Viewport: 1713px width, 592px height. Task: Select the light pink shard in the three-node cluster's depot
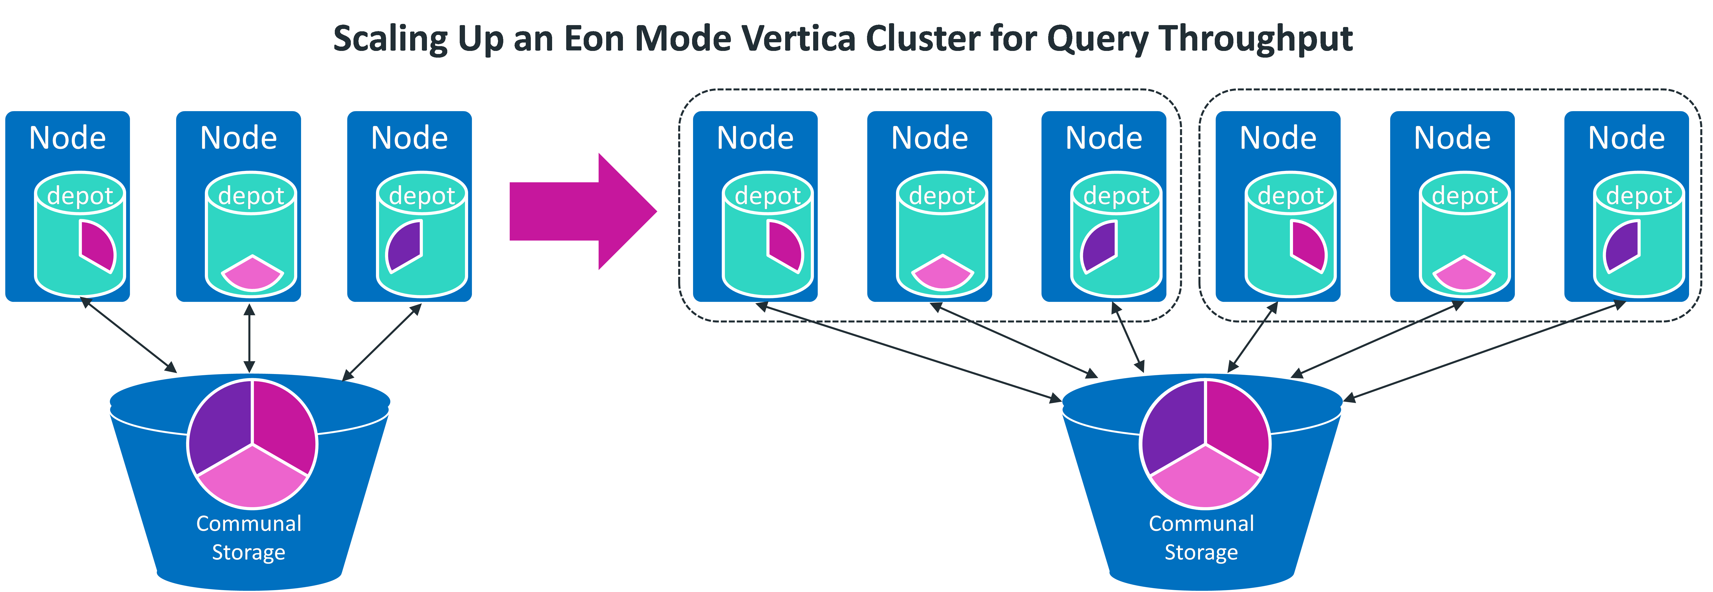(253, 272)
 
